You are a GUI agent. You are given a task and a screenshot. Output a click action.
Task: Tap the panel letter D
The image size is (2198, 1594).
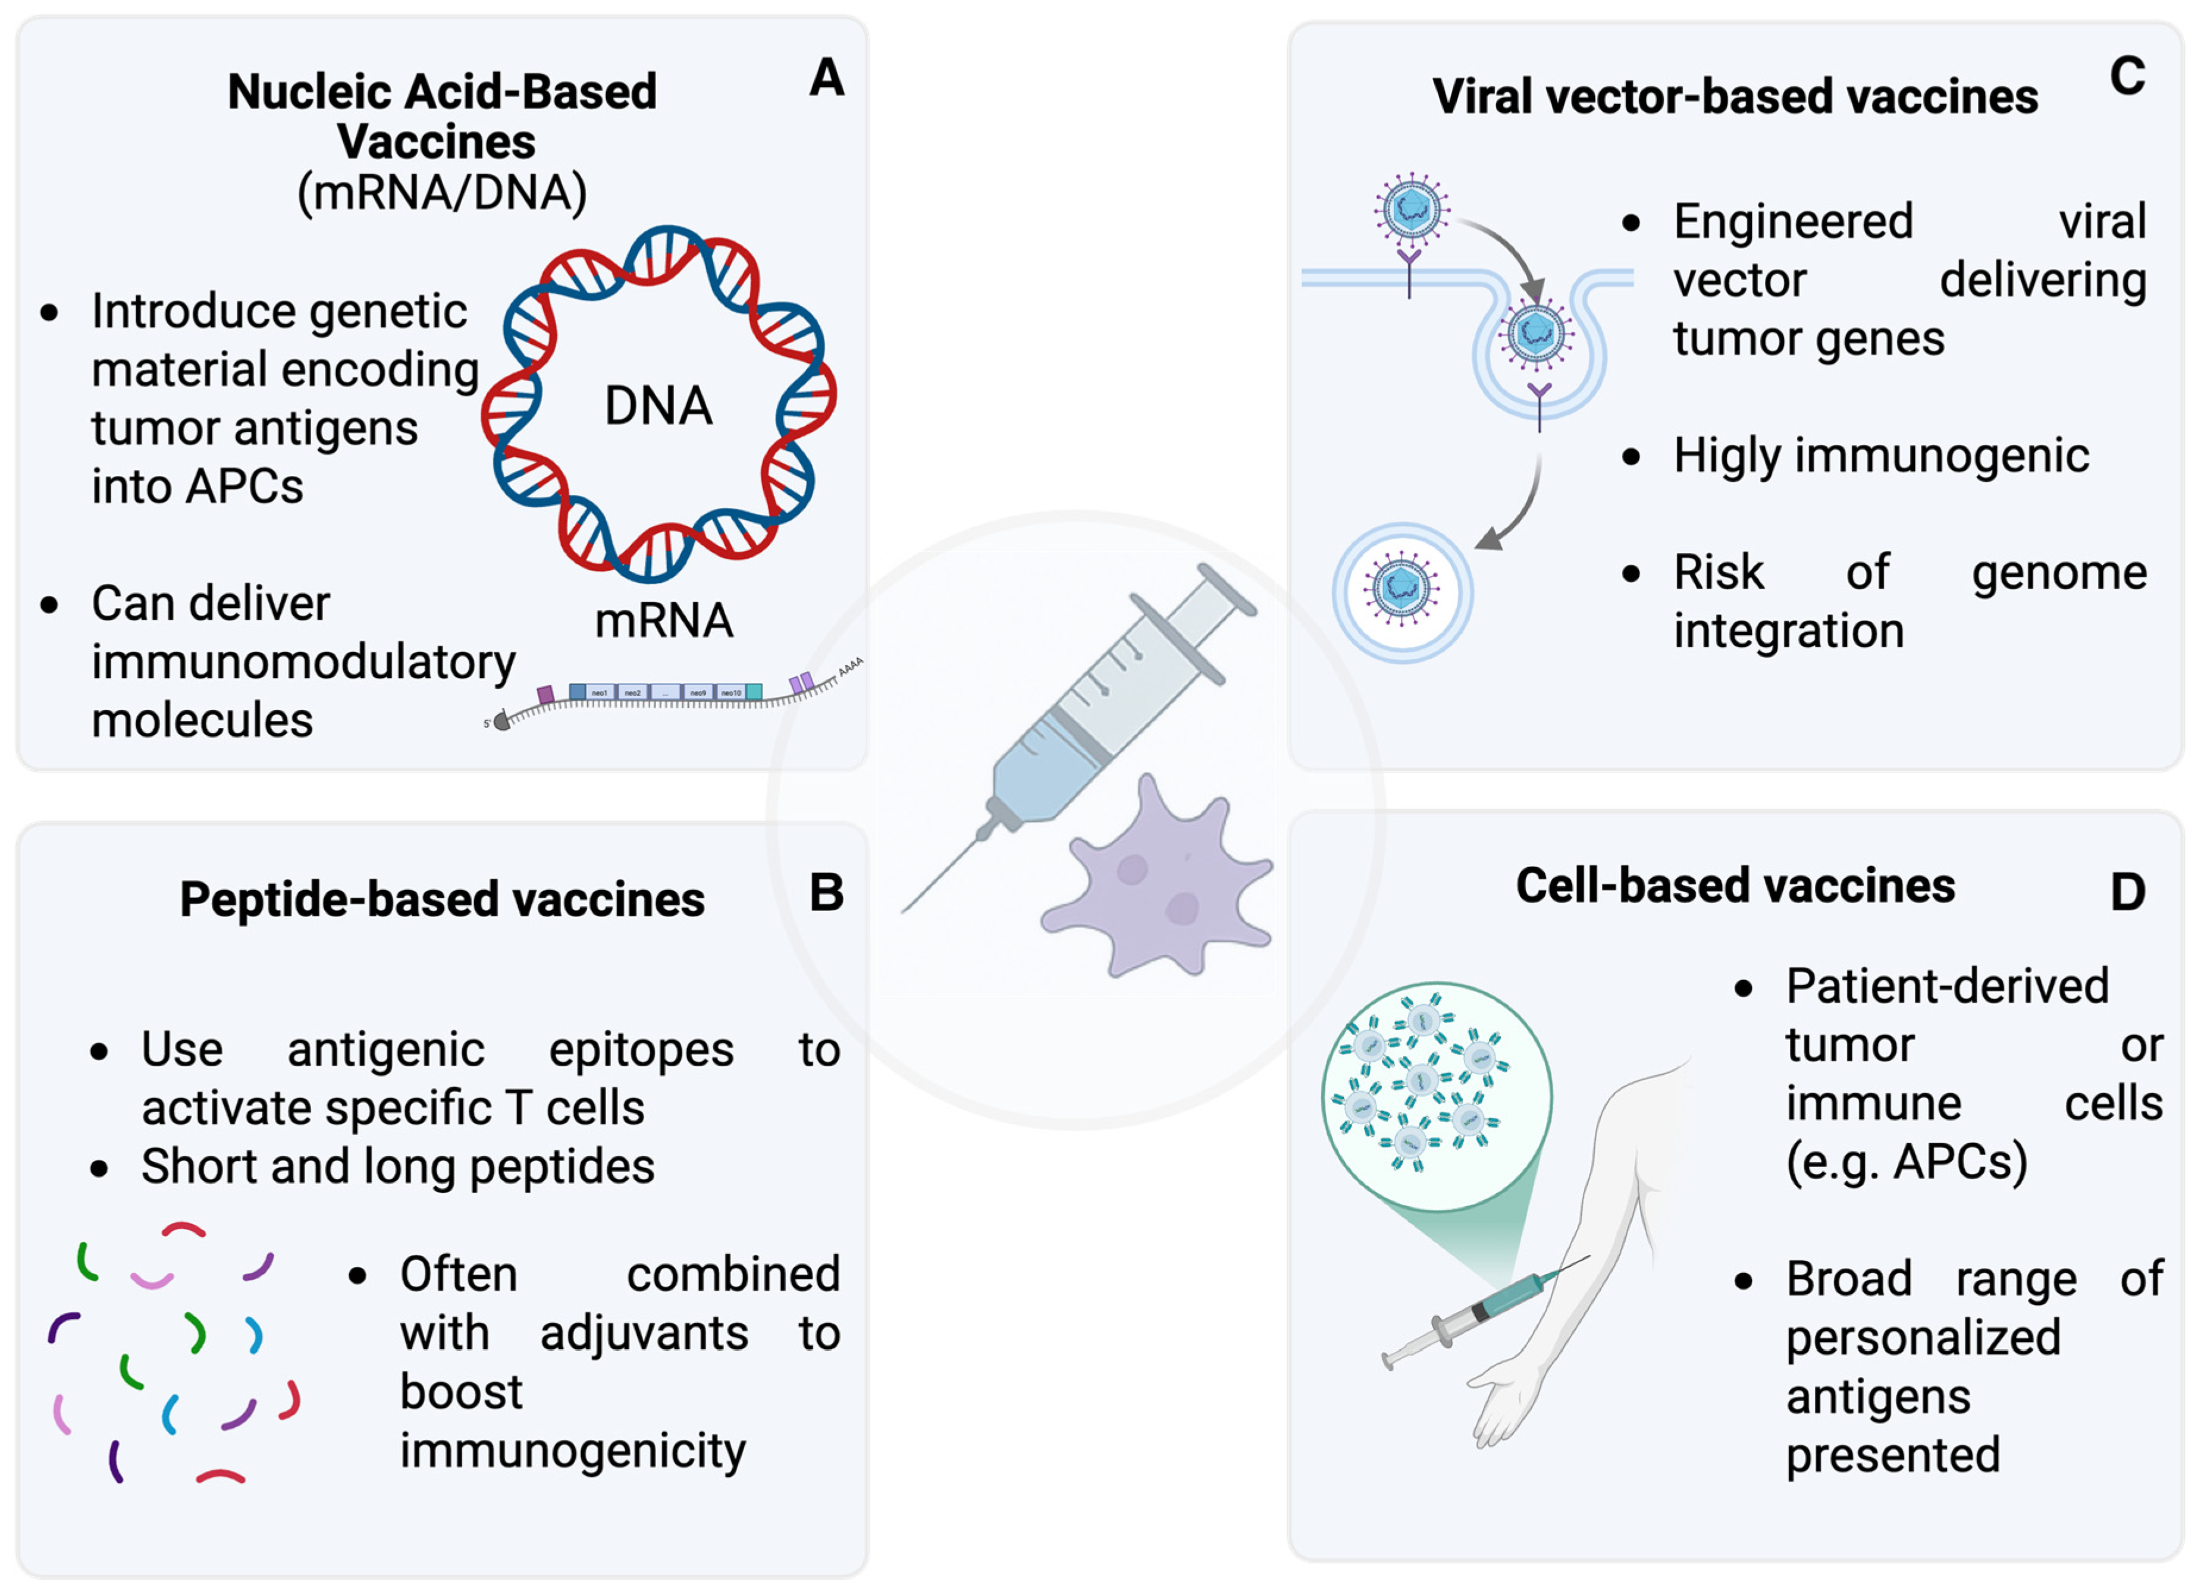(x=2127, y=892)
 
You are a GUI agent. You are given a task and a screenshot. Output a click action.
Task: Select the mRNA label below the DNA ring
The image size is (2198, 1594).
(x=664, y=621)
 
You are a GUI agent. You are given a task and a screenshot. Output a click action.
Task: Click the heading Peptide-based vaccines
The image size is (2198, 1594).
(x=442, y=899)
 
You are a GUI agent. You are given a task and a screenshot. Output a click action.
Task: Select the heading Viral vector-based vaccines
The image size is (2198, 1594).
(x=1735, y=97)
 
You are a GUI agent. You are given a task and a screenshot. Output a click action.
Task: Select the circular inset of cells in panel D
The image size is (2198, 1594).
(x=1436, y=1096)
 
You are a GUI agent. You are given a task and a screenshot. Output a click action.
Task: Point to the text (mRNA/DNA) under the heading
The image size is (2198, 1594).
(x=442, y=192)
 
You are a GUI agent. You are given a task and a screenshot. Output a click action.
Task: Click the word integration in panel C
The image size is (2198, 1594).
(x=1788, y=632)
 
